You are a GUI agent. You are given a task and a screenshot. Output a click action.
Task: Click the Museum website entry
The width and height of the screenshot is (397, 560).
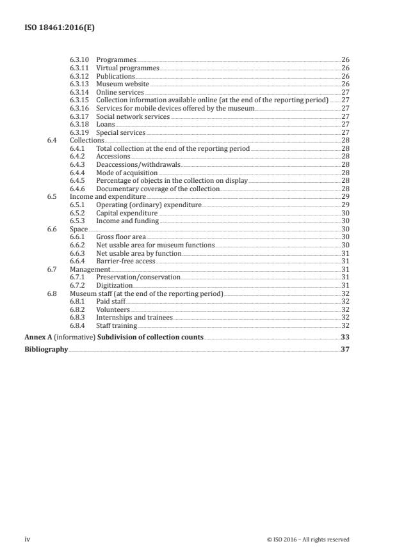pyautogui.click(x=122, y=84)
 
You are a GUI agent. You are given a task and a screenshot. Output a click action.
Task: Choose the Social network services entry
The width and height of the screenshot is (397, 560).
pyautogui.click(x=133, y=116)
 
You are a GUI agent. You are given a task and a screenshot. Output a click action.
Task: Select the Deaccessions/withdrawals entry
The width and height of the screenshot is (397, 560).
pyautogui.click(x=138, y=164)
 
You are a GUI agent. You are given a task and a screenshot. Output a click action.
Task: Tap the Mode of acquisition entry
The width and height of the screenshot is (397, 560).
pyautogui.click(x=127, y=173)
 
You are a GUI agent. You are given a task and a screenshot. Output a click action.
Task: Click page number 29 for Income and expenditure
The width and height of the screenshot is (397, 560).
pyautogui.click(x=345, y=196)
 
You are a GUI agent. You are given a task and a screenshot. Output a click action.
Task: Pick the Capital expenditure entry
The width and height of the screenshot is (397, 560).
pyautogui.click(x=125, y=212)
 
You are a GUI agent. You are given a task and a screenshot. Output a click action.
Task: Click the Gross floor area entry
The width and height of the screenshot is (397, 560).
pyautogui.click(x=121, y=237)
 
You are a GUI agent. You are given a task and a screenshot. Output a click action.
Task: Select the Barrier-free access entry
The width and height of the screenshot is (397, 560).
pyautogui.click(x=126, y=261)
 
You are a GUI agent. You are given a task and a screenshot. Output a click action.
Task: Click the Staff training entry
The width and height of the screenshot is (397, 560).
pyautogui.click(x=117, y=325)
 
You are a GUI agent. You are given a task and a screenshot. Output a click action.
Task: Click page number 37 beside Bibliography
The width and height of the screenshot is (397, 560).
pyautogui.click(x=345, y=350)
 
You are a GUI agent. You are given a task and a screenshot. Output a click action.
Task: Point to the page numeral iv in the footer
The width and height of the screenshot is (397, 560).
pyautogui.click(x=28, y=539)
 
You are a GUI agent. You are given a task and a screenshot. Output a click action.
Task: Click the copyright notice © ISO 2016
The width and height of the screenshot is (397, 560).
pyautogui.click(x=307, y=540)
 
